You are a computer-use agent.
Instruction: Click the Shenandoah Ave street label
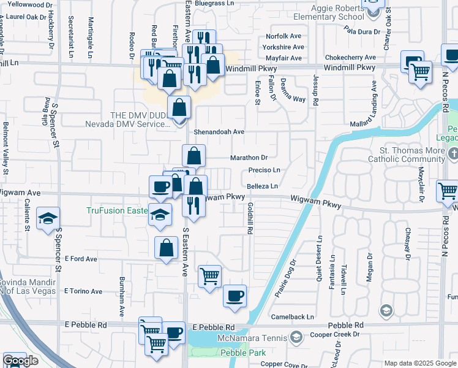pyautogui.click(x=219, y=132)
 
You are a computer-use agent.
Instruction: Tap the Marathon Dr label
pyautogui.click(x=249, y=158)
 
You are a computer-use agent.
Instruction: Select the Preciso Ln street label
pyautogui.click(x=264, y=170)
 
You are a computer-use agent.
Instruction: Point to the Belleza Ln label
pyautogui.click(x=263, y=186)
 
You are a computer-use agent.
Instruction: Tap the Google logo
pyautogui.click(x=20, y=361)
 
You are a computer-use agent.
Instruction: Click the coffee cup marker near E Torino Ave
pyautogui.click(x=235, y=296)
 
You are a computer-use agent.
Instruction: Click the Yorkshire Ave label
pyautogui.click(x=283, y=47)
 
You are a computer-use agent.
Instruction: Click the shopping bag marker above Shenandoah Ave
pyautogui.click(x=178, y=107)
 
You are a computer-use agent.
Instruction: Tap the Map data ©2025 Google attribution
pyautogui.click(x=420, y=363)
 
